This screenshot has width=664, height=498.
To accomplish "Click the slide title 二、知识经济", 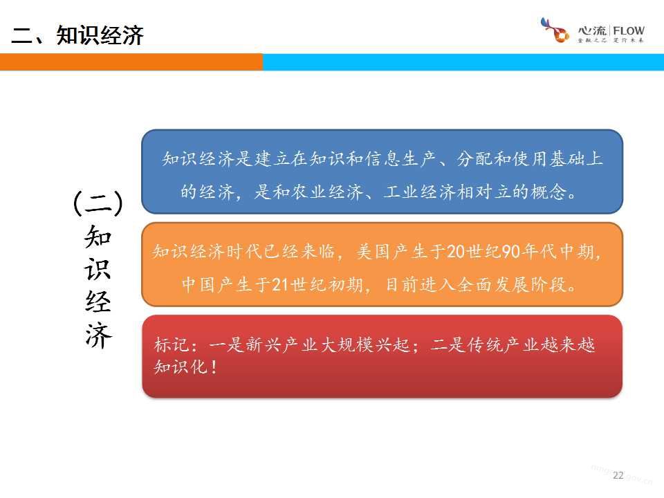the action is (x=77, y=35).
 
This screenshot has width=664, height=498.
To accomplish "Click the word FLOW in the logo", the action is (x=629, y=31).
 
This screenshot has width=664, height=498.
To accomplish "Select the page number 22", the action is (x=618, y=475).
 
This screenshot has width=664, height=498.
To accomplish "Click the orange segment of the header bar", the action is (x=131, y=62).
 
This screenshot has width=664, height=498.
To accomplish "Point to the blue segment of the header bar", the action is (x=463, y=62).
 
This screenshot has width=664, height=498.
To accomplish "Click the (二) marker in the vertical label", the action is (x=98, y=203).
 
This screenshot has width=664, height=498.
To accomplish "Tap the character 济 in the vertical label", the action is (x=98, y=336).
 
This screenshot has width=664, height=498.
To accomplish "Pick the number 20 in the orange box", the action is (x=456, y=252).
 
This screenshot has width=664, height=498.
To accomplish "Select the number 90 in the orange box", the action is (x=511, y=252).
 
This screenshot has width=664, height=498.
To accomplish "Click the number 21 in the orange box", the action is (x=280, y=284).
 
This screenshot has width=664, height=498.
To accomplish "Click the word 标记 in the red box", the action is (x=171, y=344).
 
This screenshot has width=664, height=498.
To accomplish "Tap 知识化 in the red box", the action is (x=181, y=367).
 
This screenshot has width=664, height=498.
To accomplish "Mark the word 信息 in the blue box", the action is (x=383, y=159).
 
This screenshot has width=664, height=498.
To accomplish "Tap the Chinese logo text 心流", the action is (x=593, y=30).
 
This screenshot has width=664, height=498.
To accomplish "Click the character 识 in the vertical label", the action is (x=98, y=269).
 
